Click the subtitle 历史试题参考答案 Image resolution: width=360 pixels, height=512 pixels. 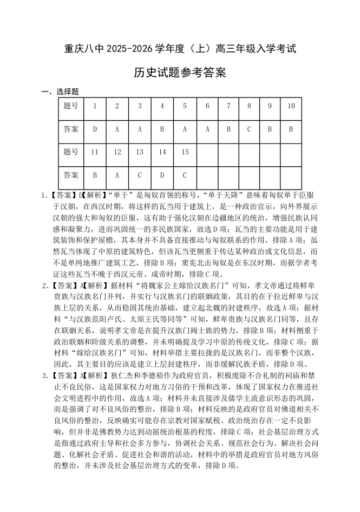180,73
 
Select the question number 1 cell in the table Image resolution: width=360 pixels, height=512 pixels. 95,106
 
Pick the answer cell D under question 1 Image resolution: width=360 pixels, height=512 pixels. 95,129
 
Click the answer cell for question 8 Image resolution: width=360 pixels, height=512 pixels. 249,129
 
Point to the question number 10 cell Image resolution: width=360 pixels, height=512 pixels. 291,106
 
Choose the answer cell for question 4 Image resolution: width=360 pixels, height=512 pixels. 162,129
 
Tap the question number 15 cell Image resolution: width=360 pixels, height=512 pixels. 185,152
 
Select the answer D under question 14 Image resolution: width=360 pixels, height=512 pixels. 162,175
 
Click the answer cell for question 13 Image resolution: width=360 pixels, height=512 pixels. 140,175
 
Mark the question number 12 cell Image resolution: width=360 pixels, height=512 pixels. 117,152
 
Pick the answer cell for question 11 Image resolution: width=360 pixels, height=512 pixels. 95,175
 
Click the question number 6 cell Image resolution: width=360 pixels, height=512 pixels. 207,106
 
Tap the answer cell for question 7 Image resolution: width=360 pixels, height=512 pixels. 228,129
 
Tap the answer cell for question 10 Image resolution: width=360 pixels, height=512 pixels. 291,129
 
